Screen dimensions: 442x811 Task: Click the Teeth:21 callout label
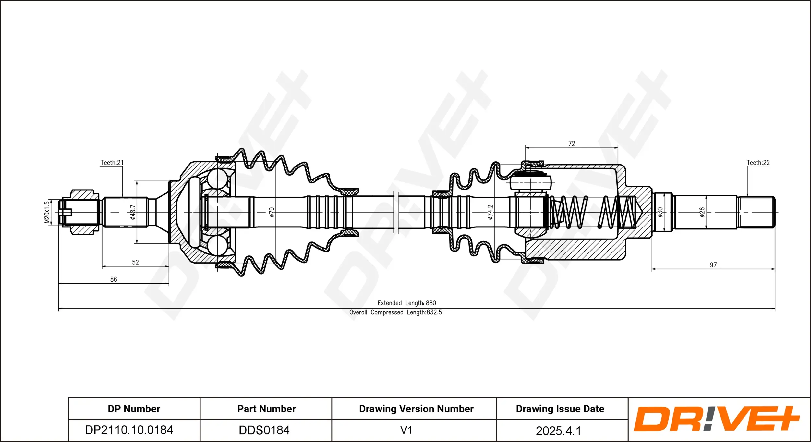(x=112, y=163)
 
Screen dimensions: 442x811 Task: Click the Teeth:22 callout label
(x=758, y=163)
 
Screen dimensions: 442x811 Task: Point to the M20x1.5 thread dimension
(x=47, y=212)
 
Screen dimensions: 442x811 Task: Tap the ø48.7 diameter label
(x=133, y=212)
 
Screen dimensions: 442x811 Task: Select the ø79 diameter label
(x=272, y=212)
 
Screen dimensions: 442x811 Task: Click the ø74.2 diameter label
(x=490, y=212)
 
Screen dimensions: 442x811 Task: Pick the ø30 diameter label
(x=660, y=212)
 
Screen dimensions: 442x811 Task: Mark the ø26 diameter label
(x=702, y=212)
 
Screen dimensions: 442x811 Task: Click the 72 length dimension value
(x=572, y=144)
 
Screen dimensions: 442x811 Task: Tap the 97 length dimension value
(x=713, y=265)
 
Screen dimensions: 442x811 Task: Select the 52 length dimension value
(x=135, y=262)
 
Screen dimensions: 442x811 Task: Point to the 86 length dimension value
(x=114, y=279)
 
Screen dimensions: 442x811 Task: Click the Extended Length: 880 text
(x=407, y=303)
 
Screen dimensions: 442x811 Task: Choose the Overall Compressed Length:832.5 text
(x=395, y=312)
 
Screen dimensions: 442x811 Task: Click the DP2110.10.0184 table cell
(x=129, y=430)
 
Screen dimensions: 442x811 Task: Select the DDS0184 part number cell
(x=264, y=430)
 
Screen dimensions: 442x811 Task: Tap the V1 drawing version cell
(x=406, y=430)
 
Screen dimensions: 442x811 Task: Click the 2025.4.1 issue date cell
(x=558, y=431)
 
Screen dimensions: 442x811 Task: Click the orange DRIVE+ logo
(x=717, y=419)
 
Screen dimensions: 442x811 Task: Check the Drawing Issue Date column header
(x=560, y=409)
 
